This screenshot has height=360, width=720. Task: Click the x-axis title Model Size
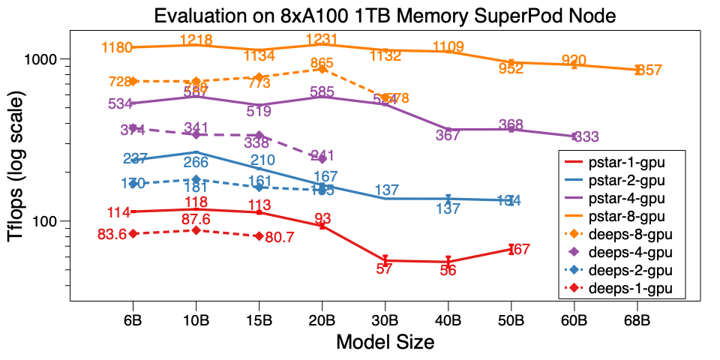pyautogui.click(x=385, y=343)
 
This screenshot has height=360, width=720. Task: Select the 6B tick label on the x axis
pyautogui.click(x=133, y=318)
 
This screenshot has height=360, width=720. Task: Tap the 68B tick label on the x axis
pyautogui.click(x=637, y=318)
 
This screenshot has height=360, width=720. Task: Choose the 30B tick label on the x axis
pyautogui.click(x=385, y=318)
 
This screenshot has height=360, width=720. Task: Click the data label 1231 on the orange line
pyautogui.click(x=322, y=40)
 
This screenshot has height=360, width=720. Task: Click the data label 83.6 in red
pyautogui.click(x=112, y=234)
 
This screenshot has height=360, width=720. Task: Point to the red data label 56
pyautogui.click(x=448, y=271)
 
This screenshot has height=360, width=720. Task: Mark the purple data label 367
pyautogui.click(x=448, y=136)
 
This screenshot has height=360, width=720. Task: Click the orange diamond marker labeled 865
pyautogui.click(x=322, y=69)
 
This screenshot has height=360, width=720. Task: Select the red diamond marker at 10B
pyautogui.click(x=196, y=230)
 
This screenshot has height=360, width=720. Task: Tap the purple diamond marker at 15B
pyautogui.click(x=259, y=135)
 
